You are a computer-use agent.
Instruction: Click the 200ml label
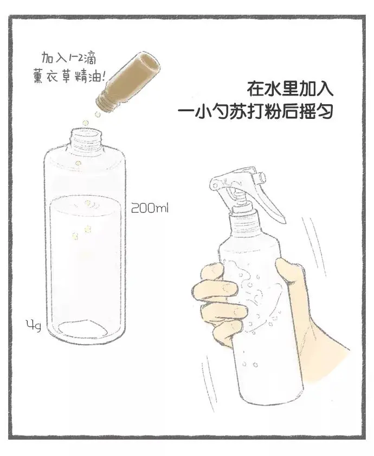(150, 208)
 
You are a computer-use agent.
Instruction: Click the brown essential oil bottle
(128, 83)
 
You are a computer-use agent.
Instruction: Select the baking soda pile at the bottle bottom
(83, 327)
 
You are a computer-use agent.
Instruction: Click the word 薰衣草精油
(68, 77)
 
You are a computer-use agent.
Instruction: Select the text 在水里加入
(290, 89)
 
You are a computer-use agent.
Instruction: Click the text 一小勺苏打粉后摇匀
(255, 111)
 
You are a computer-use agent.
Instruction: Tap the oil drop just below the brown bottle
(98, 115)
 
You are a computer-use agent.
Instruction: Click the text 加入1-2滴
(68, 58)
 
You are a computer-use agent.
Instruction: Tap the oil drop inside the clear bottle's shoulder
(78, 163)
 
